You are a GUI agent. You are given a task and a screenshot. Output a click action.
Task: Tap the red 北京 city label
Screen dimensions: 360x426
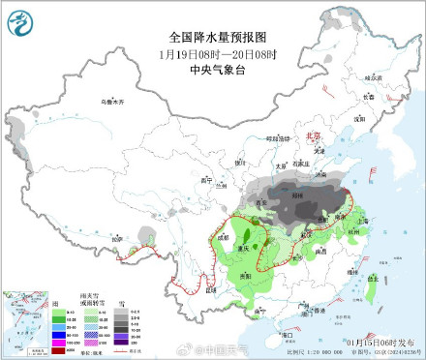coord(312,137)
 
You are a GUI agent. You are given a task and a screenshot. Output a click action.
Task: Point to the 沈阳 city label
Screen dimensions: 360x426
coord(357,120)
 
